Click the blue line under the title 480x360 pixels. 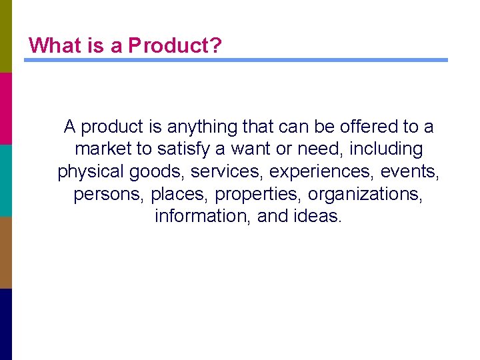[236, 60]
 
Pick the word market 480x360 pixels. [103, 149]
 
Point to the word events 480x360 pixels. [409, 171]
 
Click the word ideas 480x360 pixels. [317, 217]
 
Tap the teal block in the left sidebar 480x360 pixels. [6, 180]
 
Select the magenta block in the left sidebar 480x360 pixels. [6, 108]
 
